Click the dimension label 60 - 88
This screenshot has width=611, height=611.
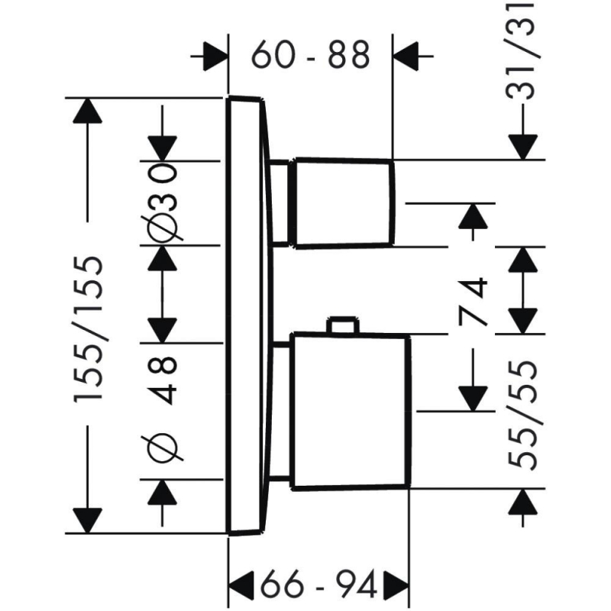click(x=310, y=55)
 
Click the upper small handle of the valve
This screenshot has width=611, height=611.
click(x=343, y=202)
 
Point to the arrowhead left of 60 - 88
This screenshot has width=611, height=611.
click(x=214, y=55)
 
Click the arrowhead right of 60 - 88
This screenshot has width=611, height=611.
click(x=408, y=55)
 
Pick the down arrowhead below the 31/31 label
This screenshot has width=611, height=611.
click(x=522, y=146)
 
